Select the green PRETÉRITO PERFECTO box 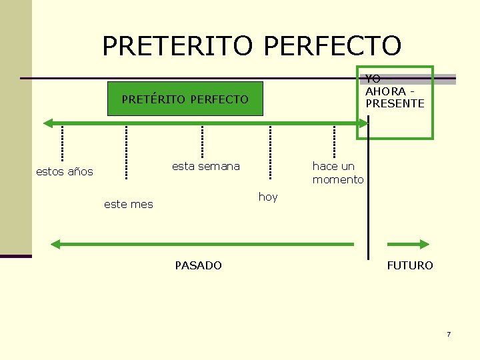click(x=185, y=99)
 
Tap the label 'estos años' click(x=64, y=171)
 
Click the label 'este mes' click(x=128, y=204)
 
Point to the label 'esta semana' click(x=205, y=166)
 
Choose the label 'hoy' click(x=268, y=197)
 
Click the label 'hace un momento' click(x=338, y=173)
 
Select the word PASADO click(x=198, y=265)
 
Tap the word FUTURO click(x=409, y=265)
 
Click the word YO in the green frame click(x=373, y=79)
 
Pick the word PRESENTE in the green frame click(x=395, y=103)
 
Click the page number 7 click(x=449, y=333)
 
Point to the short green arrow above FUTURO click(x=415, y=245)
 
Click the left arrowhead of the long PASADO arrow click(x=56, y=245)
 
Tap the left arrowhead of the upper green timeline click(x=47, y=123)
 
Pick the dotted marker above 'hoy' click(x=270, y=153)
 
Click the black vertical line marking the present click(x=368, y=193)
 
